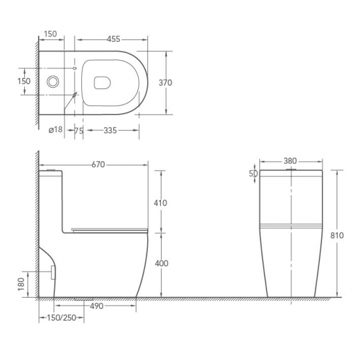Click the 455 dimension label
[113, 39]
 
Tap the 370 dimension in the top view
[166, 82]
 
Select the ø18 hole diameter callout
[56, 130]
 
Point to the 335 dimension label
[110, 130]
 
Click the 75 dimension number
[79, 130]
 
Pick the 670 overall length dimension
[98, 164]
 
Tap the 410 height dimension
[160, 203]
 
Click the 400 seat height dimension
[162, 263]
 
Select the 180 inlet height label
[21, 284]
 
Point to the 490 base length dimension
[97, 306]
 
